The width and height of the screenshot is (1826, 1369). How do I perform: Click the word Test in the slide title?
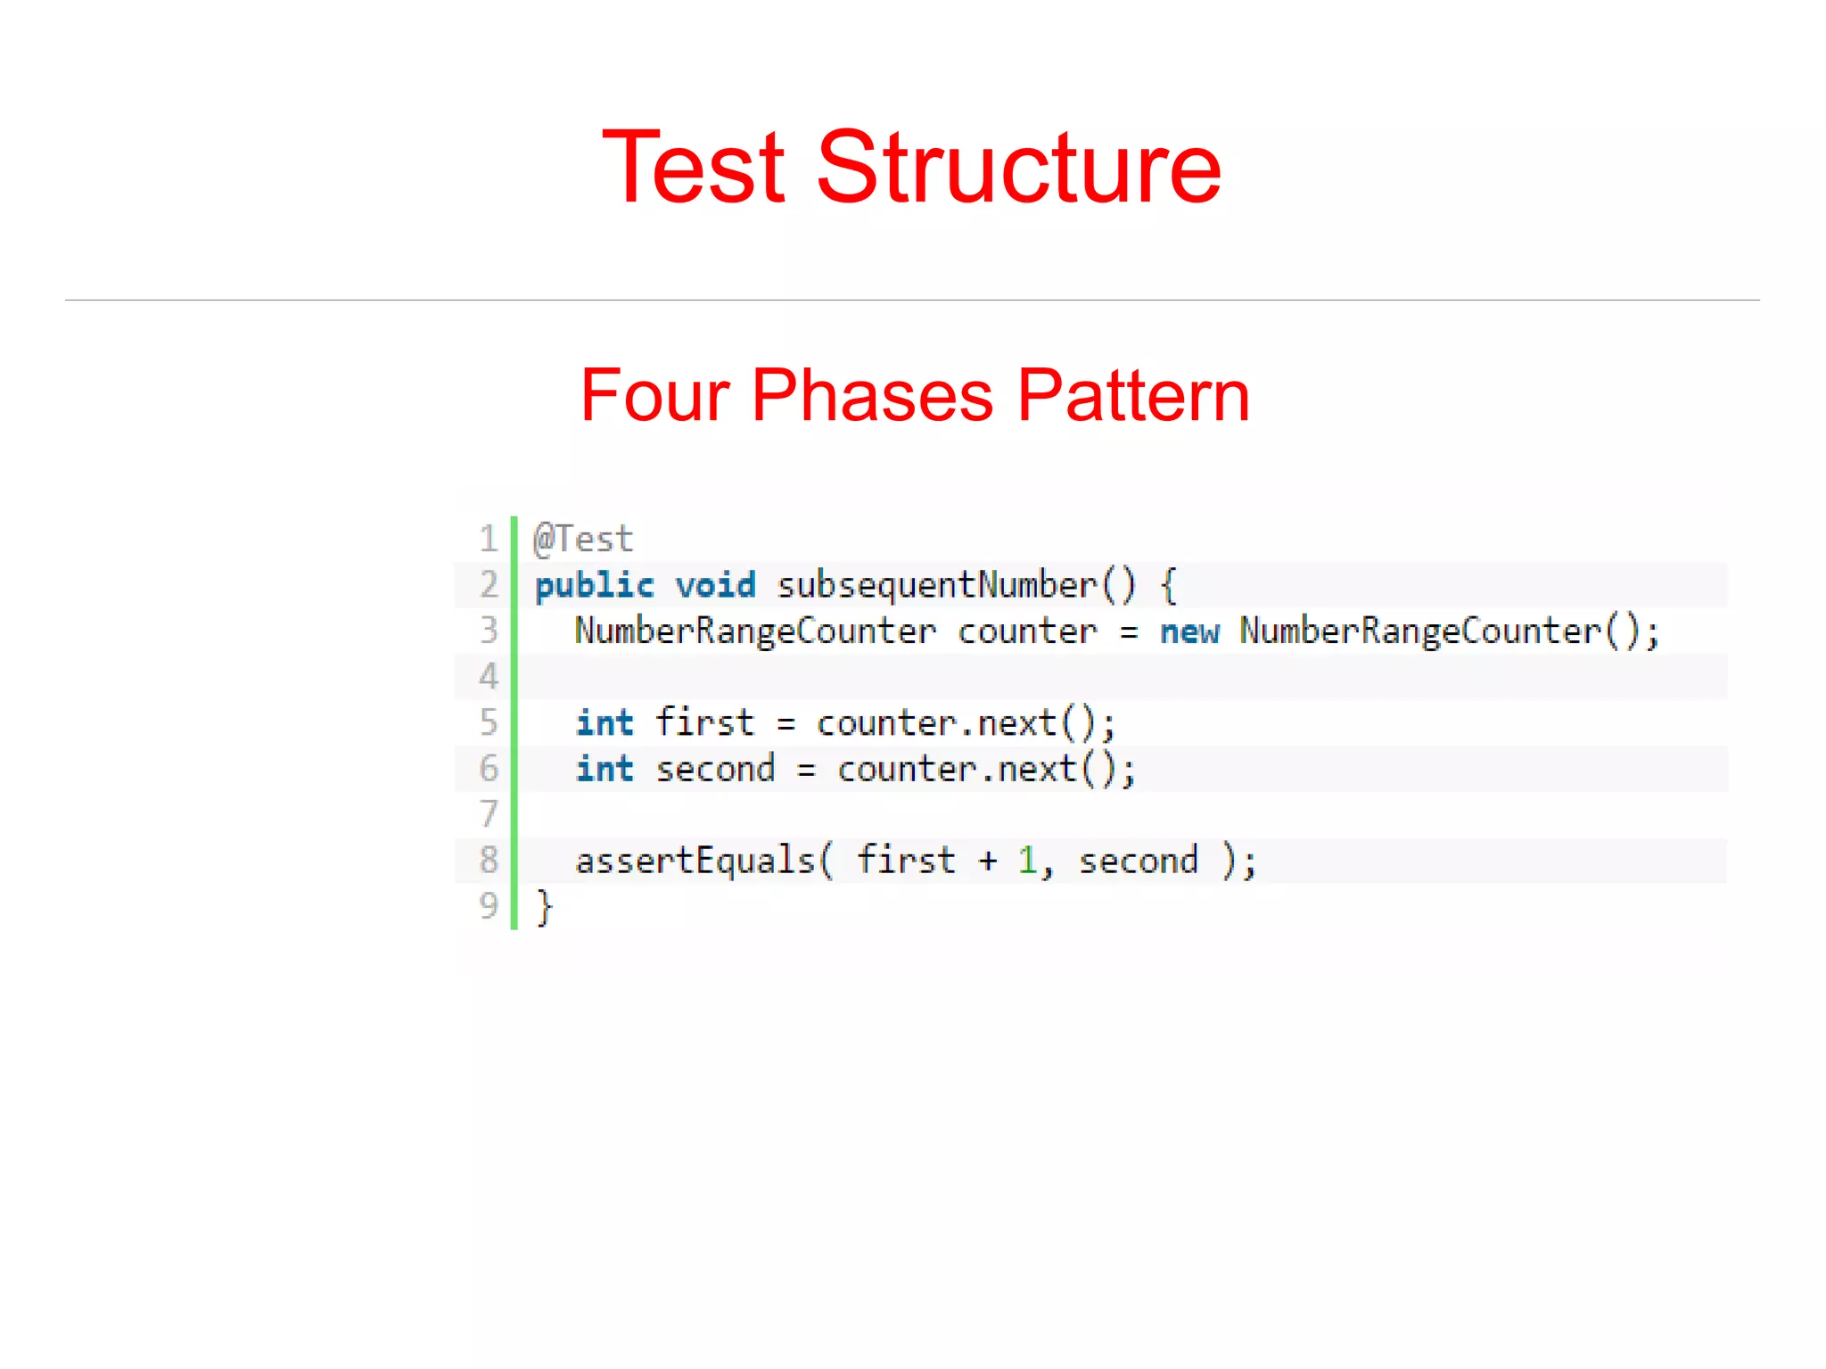point(693,167)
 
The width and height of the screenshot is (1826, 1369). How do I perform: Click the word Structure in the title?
point(1018,167)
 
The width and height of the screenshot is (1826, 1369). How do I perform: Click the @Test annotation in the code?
point(583,540)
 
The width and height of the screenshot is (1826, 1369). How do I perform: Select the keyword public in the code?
point(595,586)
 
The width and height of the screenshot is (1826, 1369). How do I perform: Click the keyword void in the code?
point(715,586)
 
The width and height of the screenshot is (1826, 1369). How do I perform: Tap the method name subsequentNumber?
point(937,586)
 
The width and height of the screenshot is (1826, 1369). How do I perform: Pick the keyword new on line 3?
point(1189,632)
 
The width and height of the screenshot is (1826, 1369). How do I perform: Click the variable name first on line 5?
point(704,723)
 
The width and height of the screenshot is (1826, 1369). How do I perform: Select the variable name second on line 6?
point(715,770)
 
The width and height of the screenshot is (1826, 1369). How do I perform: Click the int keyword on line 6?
point(605,770)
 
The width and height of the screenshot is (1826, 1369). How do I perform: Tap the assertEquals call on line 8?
point(695,862)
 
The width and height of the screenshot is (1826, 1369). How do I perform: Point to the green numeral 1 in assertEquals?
point(1028,862)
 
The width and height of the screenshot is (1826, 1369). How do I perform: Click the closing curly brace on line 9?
point(544,908)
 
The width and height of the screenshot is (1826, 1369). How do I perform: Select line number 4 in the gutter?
point(489,677)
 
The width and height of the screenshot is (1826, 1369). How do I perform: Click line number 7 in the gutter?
point(489,814)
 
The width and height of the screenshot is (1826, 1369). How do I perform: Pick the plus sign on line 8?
point(987,862)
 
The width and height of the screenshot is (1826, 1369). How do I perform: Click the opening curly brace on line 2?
point(1169,586)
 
